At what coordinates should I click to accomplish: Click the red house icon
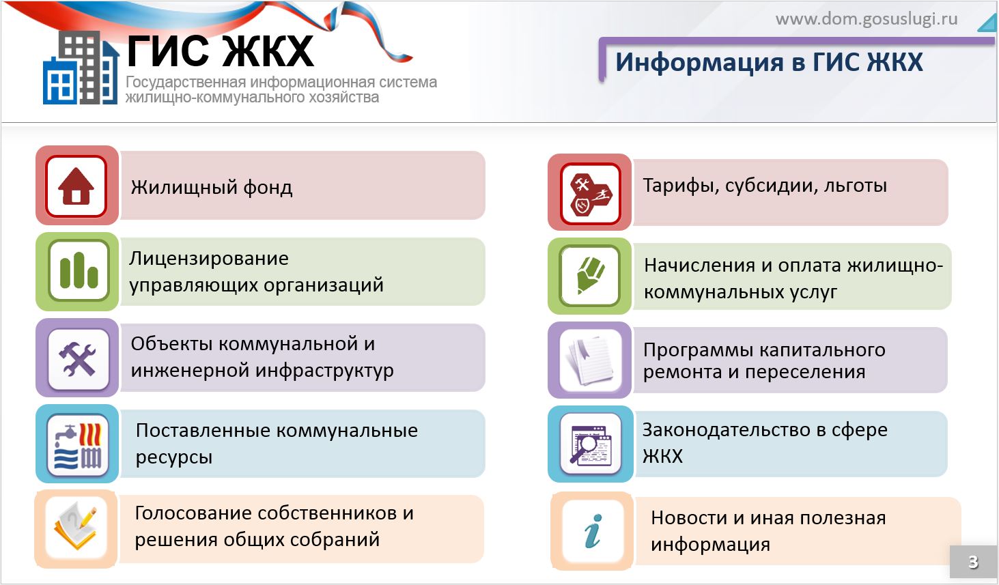click(76, 186)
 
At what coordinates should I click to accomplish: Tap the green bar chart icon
click(79, 270)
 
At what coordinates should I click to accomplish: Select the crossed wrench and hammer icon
click(78, 358)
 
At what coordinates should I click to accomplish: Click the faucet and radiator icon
click(78, 446)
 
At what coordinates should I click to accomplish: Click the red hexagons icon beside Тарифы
click(591, 193)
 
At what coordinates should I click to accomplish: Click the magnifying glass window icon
click(591, 444)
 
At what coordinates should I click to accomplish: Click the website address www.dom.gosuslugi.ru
click(867, 19)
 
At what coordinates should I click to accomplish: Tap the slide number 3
click(974, 562)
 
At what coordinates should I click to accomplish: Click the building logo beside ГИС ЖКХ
click(81, 68)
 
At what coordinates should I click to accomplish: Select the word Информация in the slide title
click(699, 61)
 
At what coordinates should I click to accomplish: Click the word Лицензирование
click(209, 259)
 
